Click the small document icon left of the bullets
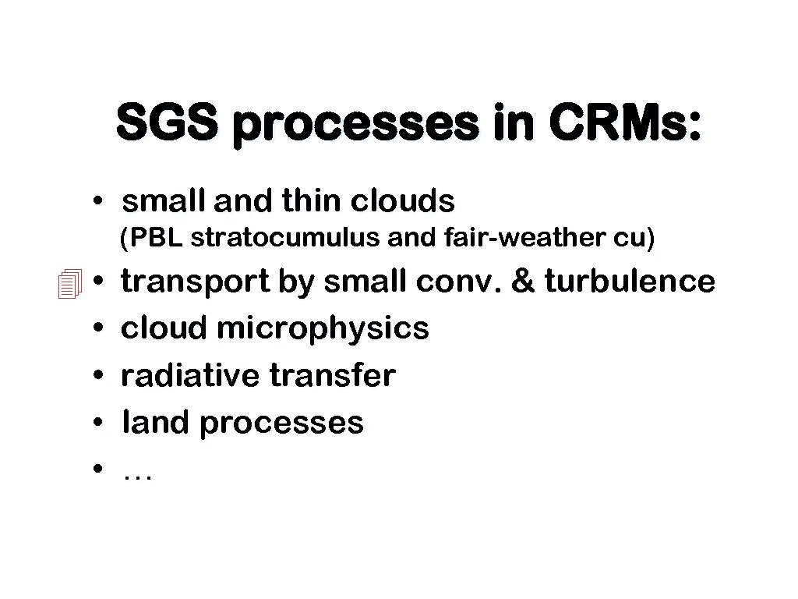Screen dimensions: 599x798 69,282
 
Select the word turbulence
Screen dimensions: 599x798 630,282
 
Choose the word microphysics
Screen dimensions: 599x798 323,329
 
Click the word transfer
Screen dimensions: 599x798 333,376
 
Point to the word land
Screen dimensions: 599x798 156,423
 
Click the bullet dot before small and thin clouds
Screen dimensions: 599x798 97,203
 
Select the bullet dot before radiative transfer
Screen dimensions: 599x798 97,377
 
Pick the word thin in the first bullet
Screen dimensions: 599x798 312,202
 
